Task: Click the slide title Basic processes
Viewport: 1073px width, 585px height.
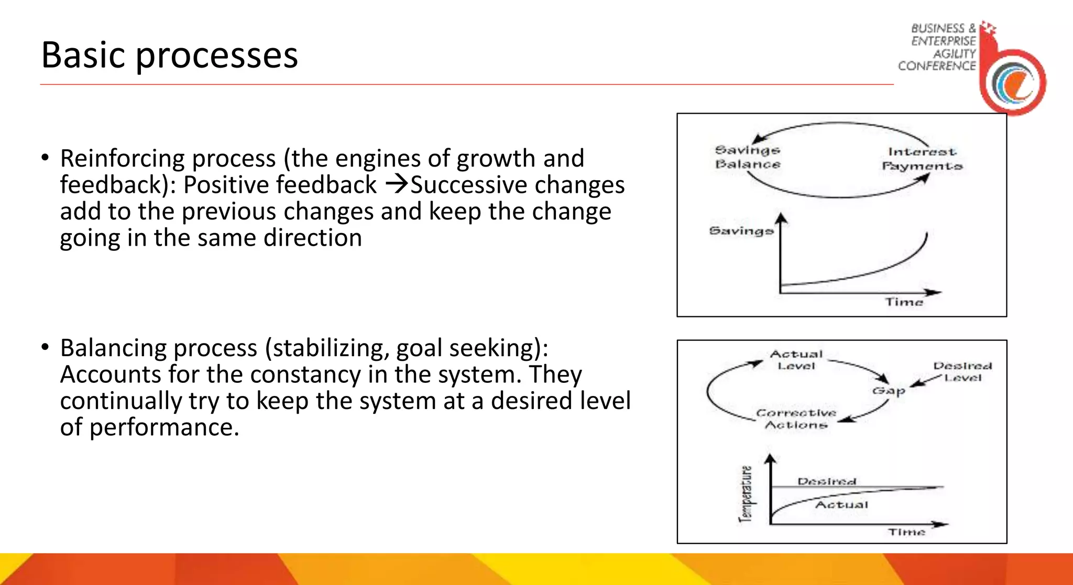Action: (169, 55)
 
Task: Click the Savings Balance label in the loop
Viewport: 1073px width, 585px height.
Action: (748, 157)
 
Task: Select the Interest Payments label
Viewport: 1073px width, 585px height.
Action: (922, 159)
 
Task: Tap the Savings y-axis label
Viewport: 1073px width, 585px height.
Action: (741, 231)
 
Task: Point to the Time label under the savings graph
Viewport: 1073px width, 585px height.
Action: (904, 302)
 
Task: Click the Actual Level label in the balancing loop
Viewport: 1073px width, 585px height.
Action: (796, 360)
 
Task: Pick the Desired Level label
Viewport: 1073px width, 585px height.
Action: (962, 371)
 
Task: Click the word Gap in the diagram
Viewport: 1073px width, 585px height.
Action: (889, 391)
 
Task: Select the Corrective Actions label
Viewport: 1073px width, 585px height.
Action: (796, 419)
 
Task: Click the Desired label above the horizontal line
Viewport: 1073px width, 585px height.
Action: (827, 481)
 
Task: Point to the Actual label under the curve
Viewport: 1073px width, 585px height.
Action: (841, 505)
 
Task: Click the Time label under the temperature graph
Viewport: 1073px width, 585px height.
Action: (906, 532)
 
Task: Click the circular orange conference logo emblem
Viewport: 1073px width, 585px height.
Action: (1014, 82)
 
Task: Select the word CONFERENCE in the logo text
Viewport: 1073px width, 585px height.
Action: (937, 66)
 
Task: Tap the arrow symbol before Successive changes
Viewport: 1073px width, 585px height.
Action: (397, 184)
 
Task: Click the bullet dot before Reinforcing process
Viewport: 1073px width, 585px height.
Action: (46, 158)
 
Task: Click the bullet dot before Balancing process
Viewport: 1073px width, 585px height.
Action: (46, 347)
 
